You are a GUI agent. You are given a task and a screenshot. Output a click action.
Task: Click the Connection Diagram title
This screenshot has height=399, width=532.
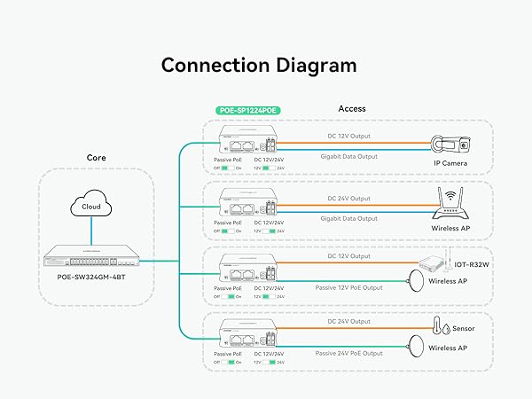click(x=258, y=65)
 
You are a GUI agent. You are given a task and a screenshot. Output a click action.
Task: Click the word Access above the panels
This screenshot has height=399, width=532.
click(x=352, y=109)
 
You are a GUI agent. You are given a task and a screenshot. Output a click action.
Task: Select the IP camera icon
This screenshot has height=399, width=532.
click(x=455, y=145)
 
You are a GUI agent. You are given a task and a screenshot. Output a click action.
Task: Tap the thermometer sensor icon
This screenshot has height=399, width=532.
click(x=437, y=326)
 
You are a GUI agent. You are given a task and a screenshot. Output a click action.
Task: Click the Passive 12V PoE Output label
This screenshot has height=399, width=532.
click(x=349, y=287)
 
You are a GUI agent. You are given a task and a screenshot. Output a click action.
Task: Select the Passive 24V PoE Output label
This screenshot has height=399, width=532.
click(x=349, y=352)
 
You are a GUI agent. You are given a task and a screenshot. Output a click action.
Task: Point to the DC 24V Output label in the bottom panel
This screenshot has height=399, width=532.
click(x=350, y=323)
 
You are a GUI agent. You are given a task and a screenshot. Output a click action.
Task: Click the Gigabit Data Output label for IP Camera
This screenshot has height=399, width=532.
click(x=348, y=155)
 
